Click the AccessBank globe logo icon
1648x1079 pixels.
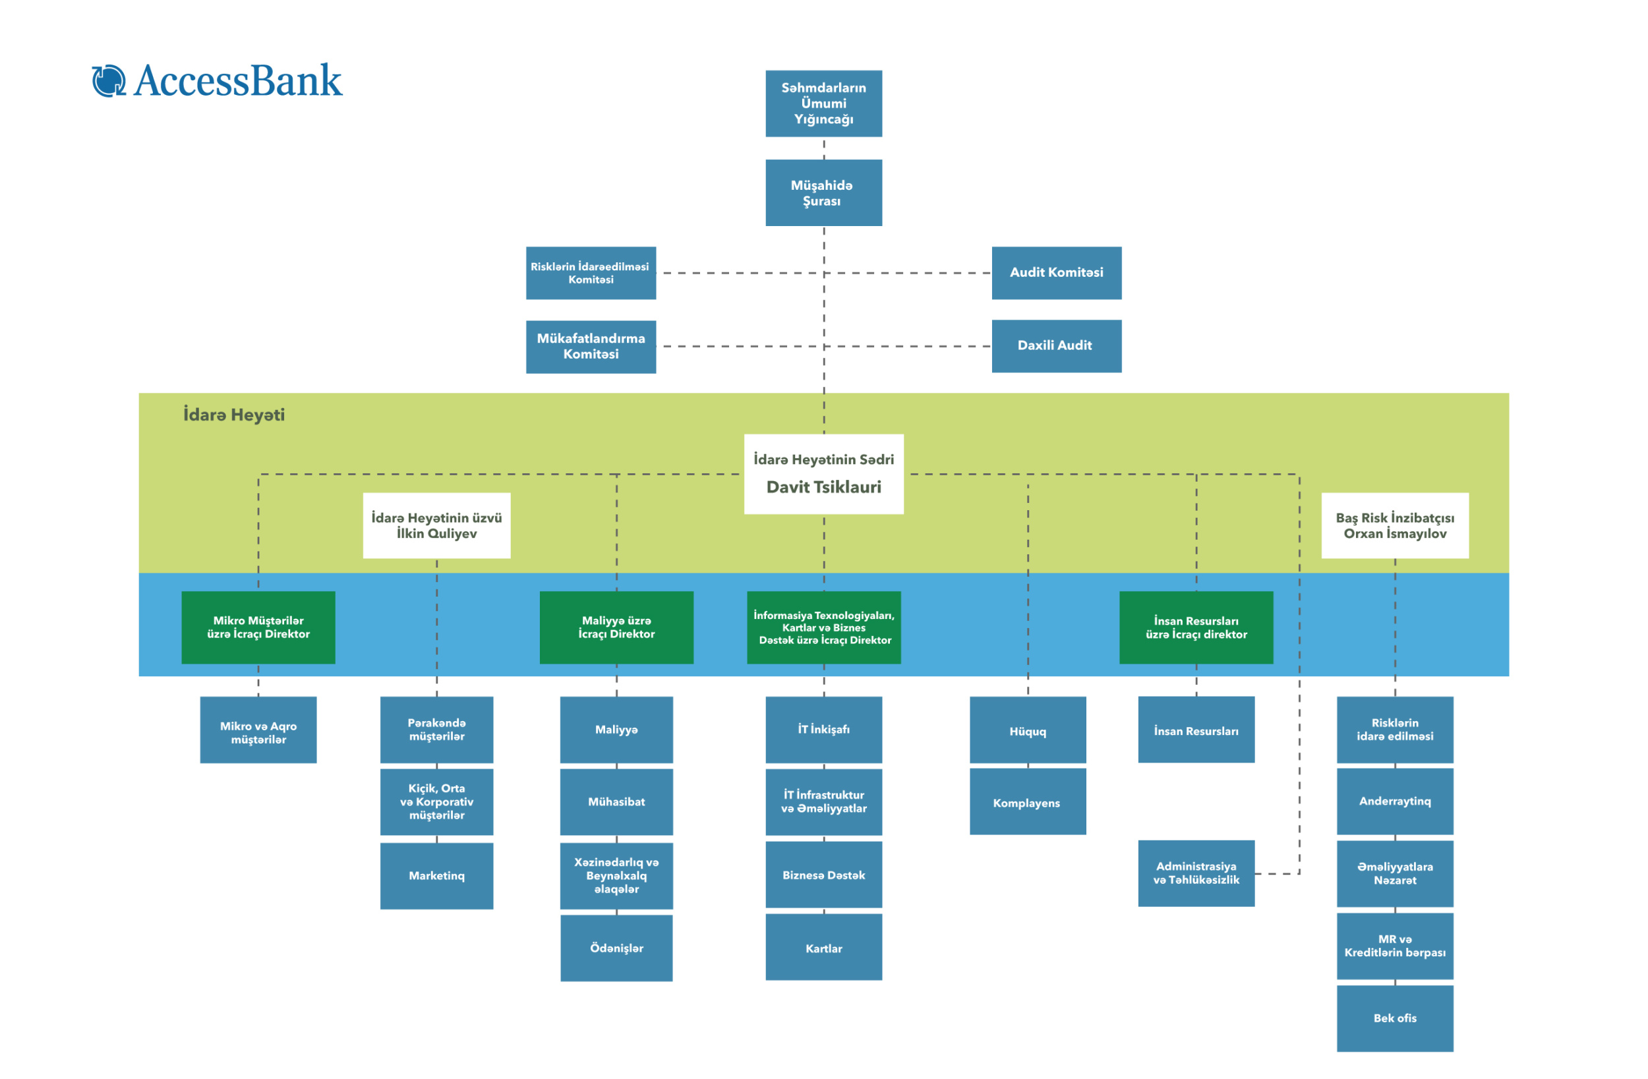point(109,80)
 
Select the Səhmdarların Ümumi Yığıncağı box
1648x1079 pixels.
point(823,103)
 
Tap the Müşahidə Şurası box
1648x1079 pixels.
point(823,192)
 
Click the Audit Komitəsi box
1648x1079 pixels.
point(1056,273)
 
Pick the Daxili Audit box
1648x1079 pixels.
point(1056,345)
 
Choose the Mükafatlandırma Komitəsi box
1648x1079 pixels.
point(591,346)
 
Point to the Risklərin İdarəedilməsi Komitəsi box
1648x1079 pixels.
point(591,273)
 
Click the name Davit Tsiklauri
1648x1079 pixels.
point(823,487)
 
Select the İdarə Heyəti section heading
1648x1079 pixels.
point(234,414)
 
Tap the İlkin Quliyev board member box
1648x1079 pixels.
point(436,525)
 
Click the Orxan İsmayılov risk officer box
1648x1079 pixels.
point(1395,525)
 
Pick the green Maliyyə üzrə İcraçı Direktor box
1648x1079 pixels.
point(616,627)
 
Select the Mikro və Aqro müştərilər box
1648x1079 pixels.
point(258,729)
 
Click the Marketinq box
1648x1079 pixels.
point(436,875)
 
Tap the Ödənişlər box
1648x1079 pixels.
point(616,947)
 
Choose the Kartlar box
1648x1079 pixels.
point(823,947)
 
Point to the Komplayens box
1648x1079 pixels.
point(1028,802)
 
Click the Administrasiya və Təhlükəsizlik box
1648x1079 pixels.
point(1196,873)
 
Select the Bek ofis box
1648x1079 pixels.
point(1395,1018)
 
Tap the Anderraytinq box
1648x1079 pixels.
point(1395,802)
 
